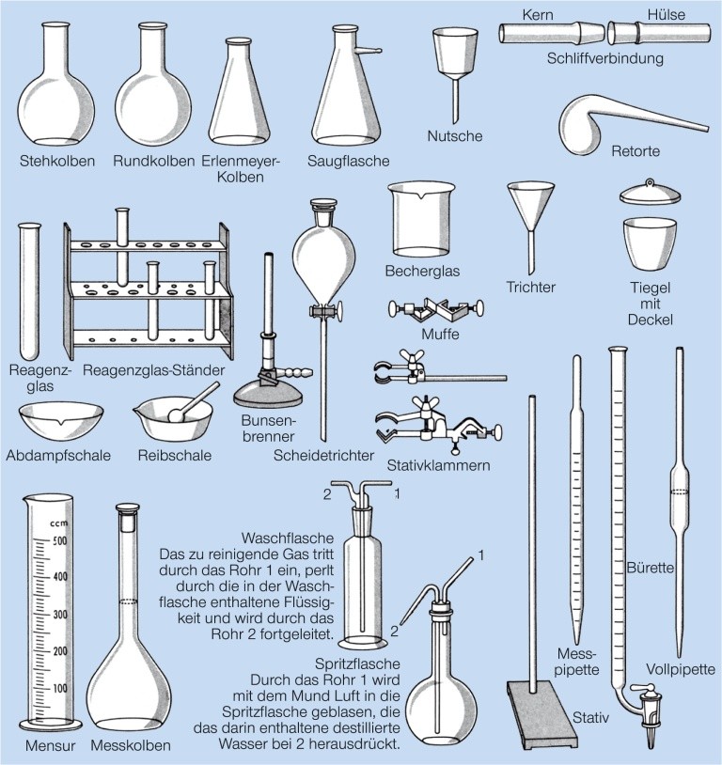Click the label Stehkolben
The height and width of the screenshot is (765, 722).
click(x=57, y=161)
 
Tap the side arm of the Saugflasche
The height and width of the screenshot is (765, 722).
click(x=368, y=49)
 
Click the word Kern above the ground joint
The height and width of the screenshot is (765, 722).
click(x=538, y=15)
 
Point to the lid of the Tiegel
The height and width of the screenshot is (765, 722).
click(x=650, y=193)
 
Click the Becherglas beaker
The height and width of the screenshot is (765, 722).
click(x=421, y=220)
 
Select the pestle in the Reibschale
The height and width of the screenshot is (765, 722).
click(x=193, y=402)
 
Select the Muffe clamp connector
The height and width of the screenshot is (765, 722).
click(x=436, y=310)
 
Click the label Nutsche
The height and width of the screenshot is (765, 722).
click(x=454, y=135)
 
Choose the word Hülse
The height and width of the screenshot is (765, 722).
click(x=666, y=15)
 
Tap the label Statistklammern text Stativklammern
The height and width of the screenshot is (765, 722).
click(x=438, y=465)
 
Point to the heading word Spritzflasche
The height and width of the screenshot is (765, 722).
click(x=357, y=664)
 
